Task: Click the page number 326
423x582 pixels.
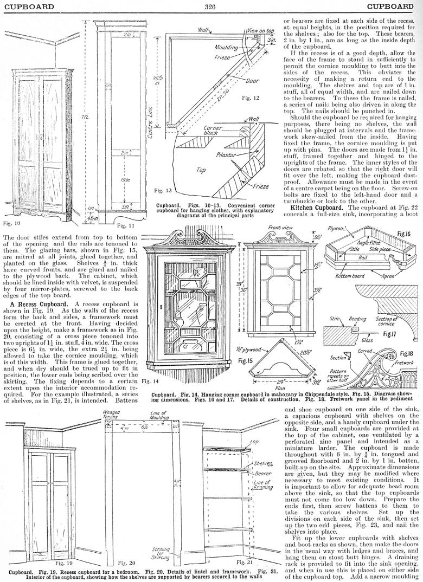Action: click(x=211, y=7)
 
